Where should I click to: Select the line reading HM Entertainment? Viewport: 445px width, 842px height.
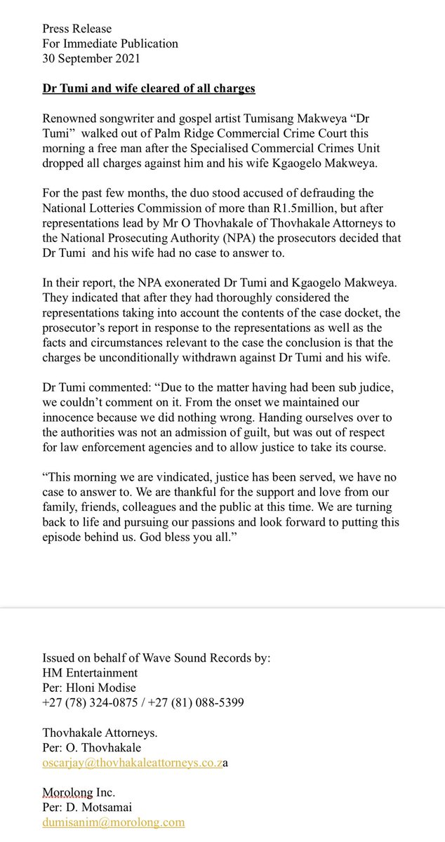[x=91, y=672]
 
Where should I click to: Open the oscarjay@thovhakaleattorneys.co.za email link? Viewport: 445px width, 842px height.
[x=133, y=762]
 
